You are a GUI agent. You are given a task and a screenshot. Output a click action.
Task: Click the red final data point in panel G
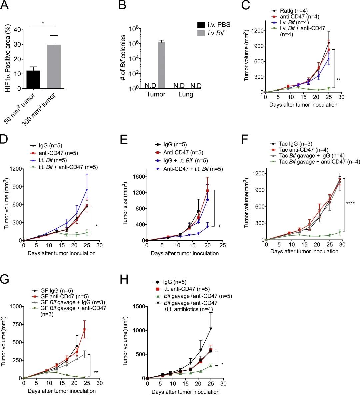[84, 329]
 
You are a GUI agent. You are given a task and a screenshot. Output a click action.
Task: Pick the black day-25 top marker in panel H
[211, 329]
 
